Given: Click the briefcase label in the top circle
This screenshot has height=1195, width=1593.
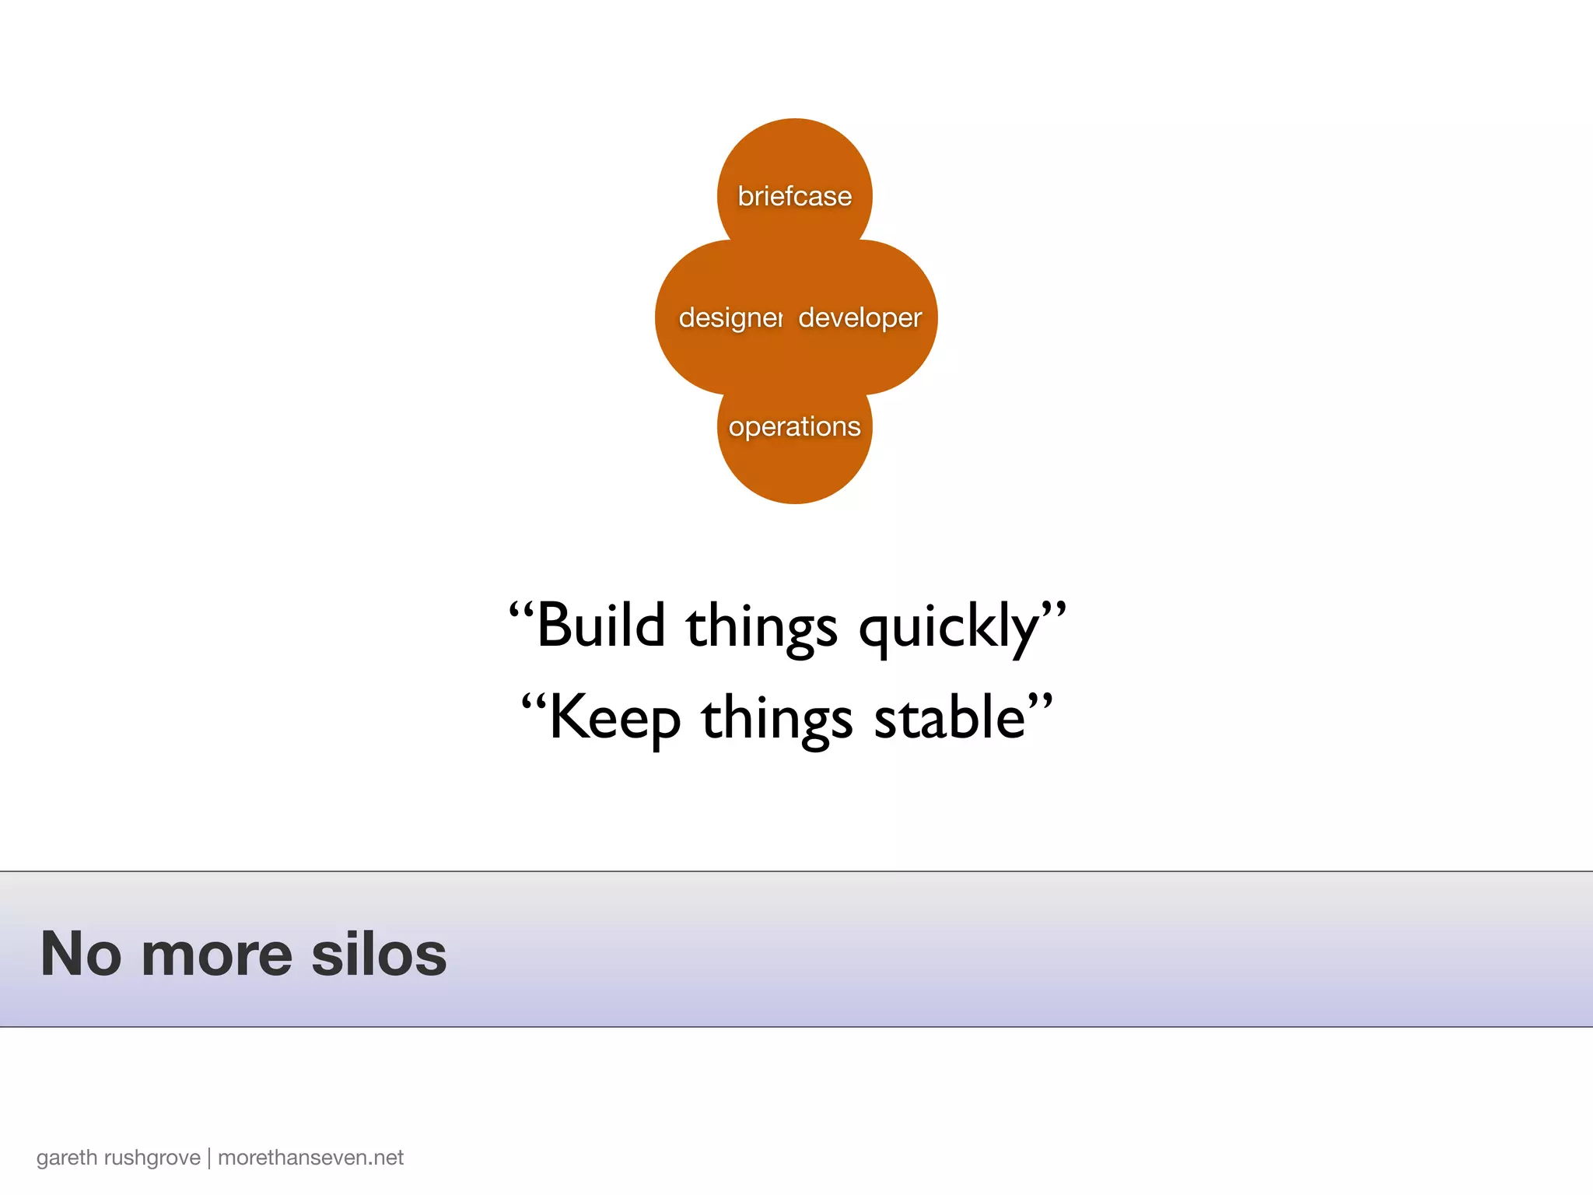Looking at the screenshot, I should [x=794, y=196].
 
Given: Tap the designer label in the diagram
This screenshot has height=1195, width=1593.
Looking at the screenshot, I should [x=730, y=317].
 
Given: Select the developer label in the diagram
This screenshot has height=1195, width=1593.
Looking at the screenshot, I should [x=860, y=317].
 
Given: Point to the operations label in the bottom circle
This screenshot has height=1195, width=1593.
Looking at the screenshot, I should [x=794, y=426].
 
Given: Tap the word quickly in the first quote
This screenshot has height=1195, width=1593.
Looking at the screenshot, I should [x=949, y=627].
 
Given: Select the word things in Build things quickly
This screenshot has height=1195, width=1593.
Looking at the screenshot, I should [x=761, y=627].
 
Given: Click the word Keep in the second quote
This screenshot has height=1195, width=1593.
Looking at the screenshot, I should [x=614, y=718].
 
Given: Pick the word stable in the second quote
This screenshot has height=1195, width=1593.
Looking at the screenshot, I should [x=950, y=717].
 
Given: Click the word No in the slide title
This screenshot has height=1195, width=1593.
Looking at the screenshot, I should [x=81, y=954].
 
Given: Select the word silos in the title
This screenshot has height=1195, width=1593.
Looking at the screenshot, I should [x=379, y=954].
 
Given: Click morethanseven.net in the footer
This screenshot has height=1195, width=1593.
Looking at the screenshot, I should [x=310, y=1158].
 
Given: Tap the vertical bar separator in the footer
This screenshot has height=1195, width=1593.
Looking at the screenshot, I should [x=209, y=1158].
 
